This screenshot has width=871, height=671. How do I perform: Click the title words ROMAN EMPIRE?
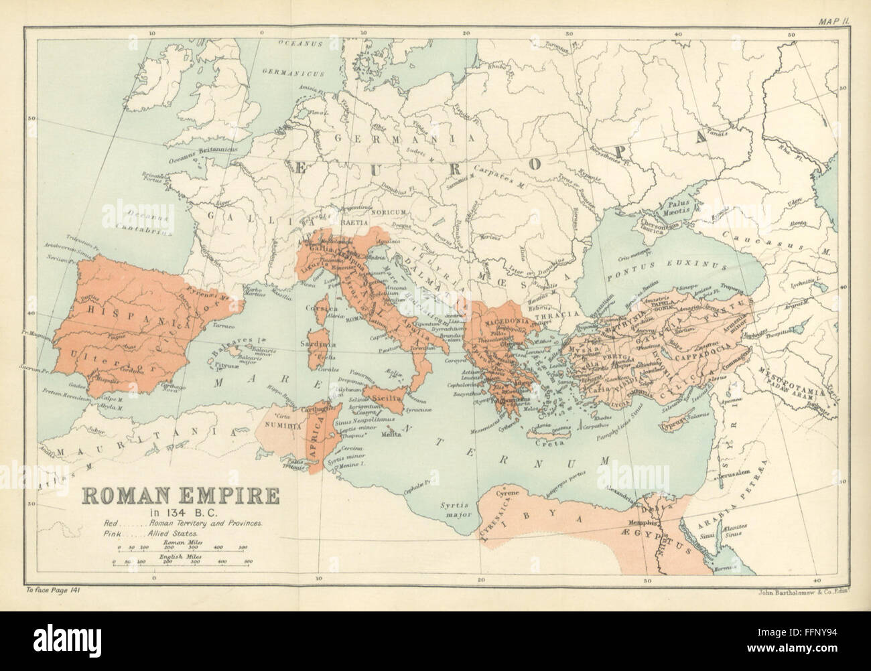(x=171, y=497)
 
